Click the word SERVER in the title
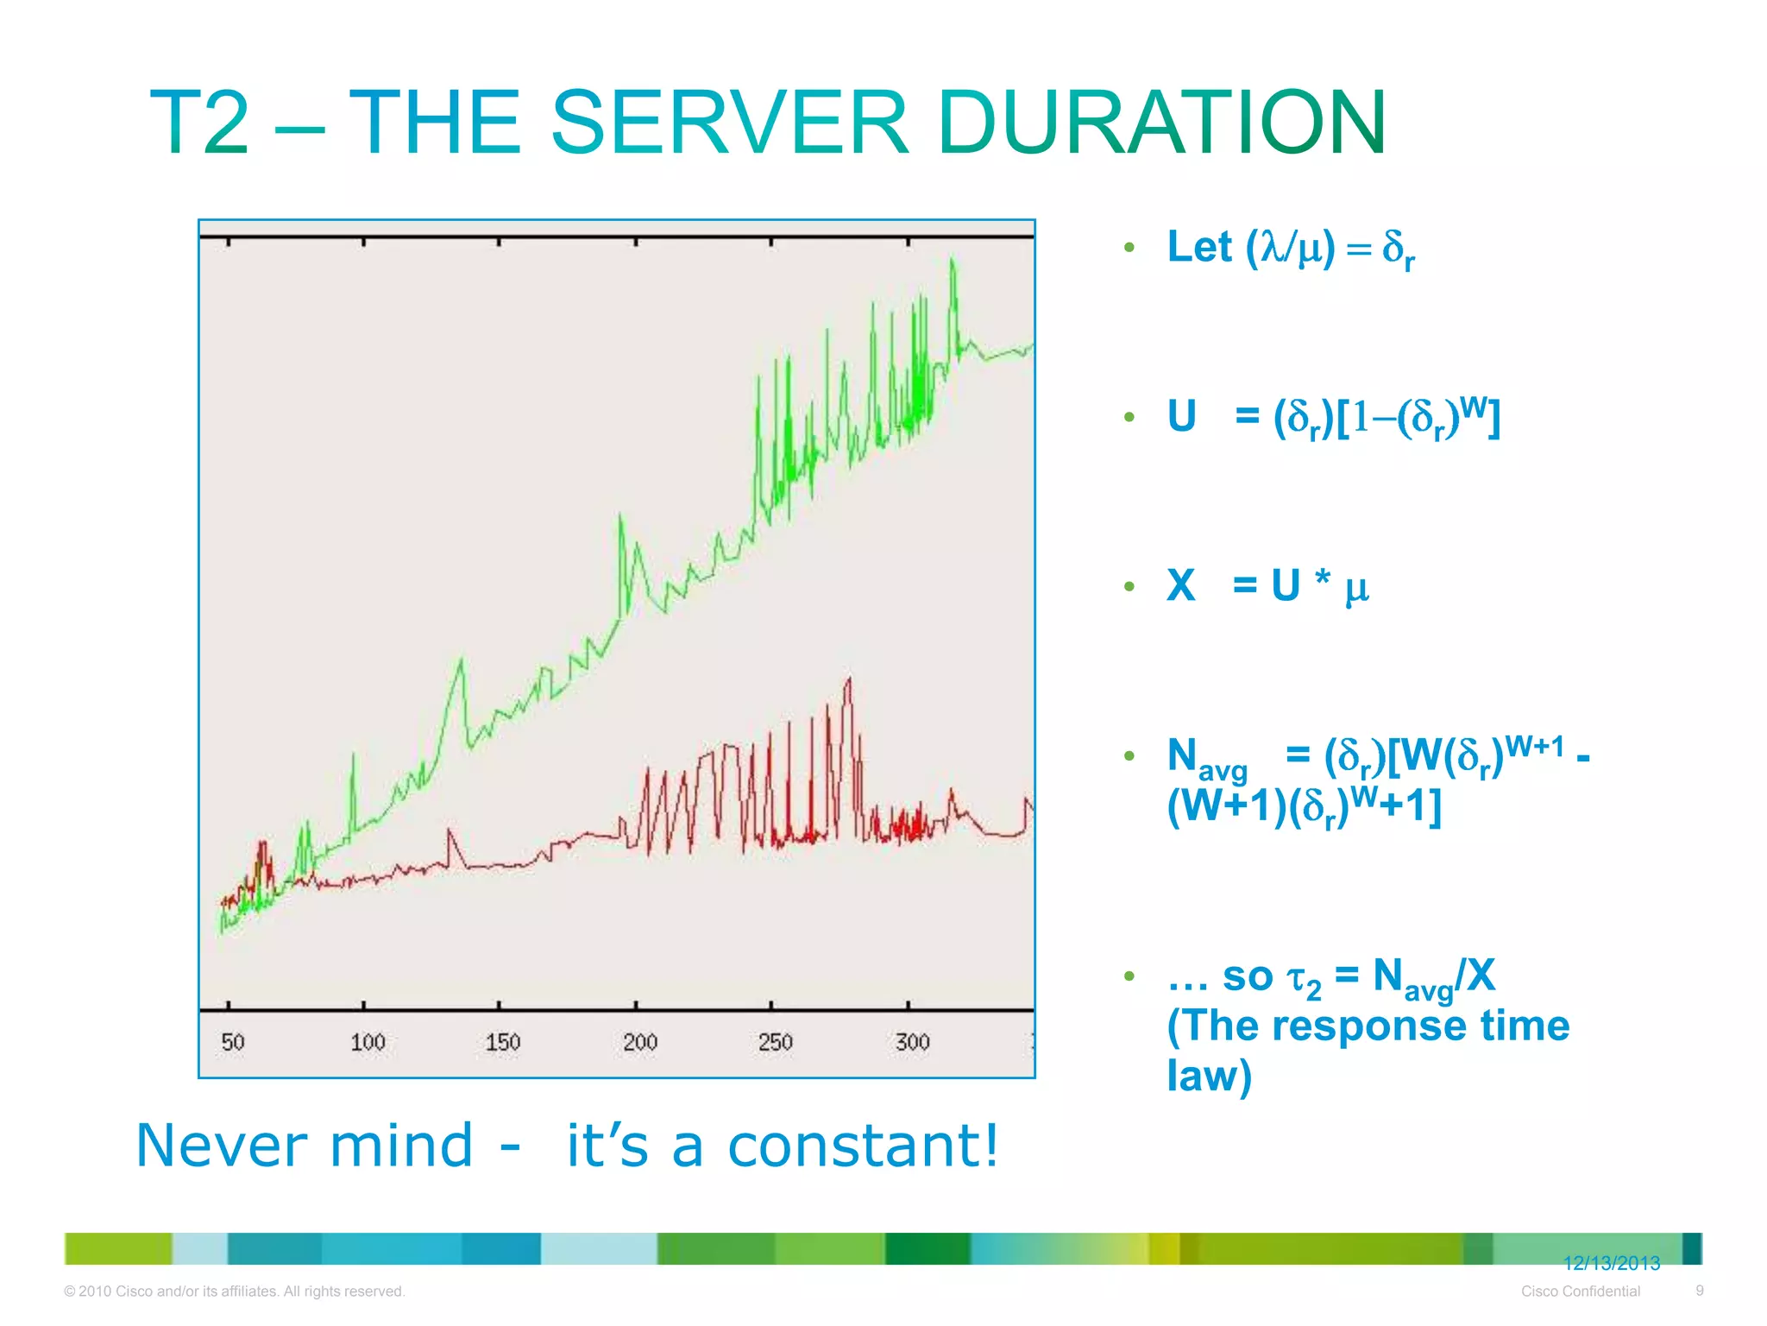729,123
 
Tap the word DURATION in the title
1161,123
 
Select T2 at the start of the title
200,123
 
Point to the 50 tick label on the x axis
233,1042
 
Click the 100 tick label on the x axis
368,1042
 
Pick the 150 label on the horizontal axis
503,1042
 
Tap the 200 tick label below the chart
639,1042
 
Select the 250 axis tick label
775,1042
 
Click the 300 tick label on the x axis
912,1042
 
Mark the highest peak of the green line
953,258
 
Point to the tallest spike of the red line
849,679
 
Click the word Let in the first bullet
1199,247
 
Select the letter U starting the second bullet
1182,416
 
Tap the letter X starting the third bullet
1181,585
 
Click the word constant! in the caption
863,1146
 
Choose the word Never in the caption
221,1146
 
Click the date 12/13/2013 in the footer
1611,1263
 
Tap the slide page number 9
1699,1291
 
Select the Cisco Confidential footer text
1580,1291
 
